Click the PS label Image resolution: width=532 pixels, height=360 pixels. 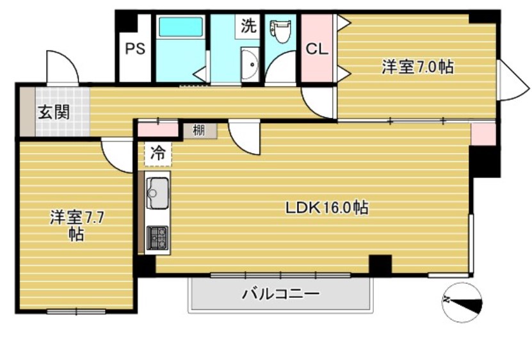coord(134,49)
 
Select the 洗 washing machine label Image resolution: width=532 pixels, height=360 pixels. coord(248,26)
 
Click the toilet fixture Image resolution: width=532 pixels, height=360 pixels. coord(280,31)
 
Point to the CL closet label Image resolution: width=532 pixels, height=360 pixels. coord(316,49)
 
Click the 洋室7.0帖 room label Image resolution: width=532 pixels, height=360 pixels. coord(418,67)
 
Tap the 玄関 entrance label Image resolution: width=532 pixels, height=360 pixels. coord(54,112)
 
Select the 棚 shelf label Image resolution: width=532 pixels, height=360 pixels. coord(199,131)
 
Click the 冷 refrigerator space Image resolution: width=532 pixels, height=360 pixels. coord(157,154)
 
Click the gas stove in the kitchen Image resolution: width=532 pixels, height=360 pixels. coord(157,238)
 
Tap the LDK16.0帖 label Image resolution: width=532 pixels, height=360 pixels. coord(326,208)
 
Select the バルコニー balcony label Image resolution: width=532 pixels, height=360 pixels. coord(280,295)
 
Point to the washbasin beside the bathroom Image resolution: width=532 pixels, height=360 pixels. coord(249,63)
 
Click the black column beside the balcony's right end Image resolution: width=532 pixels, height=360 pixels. coord(380,265)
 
